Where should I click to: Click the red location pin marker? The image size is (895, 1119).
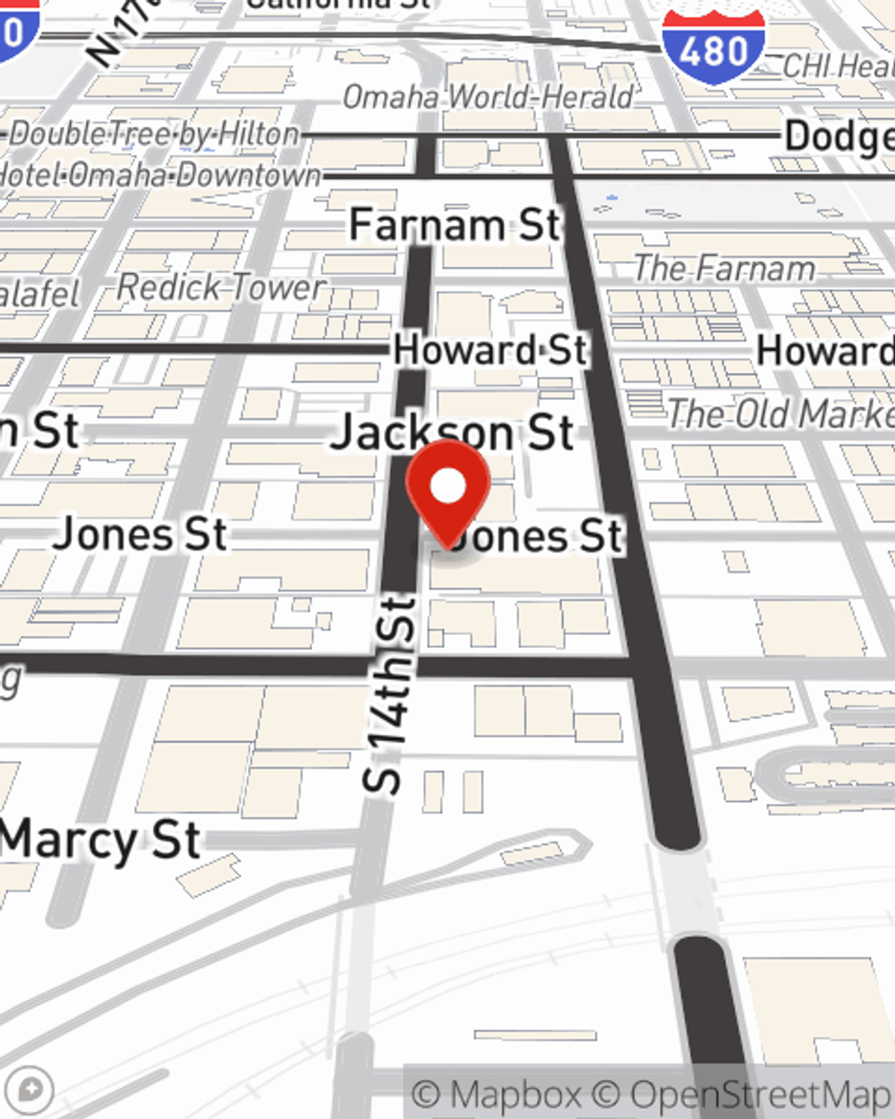pos(448,491)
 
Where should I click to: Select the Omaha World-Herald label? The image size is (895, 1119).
pos(489,97)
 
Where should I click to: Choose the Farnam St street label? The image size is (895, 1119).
pos(455,225)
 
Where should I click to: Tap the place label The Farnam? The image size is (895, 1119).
pos(724,268)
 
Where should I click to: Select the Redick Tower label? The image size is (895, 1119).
pos(221,287)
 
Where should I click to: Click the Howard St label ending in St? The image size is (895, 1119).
pos(490,350)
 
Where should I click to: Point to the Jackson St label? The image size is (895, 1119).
pos(452,432)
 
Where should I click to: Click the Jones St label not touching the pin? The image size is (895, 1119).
pos(141,534)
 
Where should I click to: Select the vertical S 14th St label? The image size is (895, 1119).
pos(391,695)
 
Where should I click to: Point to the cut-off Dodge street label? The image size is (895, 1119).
pos(839,137)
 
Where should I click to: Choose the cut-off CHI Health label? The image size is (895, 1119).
pos(838,66)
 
